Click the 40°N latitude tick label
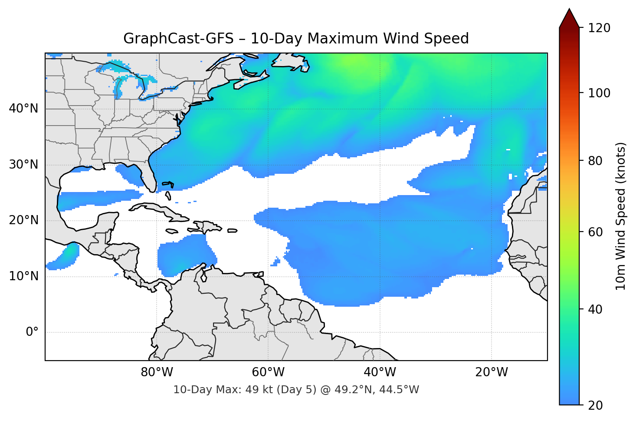[x=23, y=109]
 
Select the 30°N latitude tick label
[x=23, y=165]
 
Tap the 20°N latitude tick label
[x=23, y=220]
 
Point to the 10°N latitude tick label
[x=23, y=276]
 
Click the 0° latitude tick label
[x=32, y=332]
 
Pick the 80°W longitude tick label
[x=157, y=372]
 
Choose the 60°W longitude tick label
[x=268, y=372]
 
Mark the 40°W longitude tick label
[x=380, y=372]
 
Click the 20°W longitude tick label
[x=491, y=372]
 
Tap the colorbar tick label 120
[x=599, y=28]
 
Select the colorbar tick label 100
[x=599, y=93]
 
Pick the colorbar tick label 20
[x=595, y=405]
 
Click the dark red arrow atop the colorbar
[x=569, y=20]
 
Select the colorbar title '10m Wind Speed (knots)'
[x=621, y=216]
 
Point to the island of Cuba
[x=161, y=211]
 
